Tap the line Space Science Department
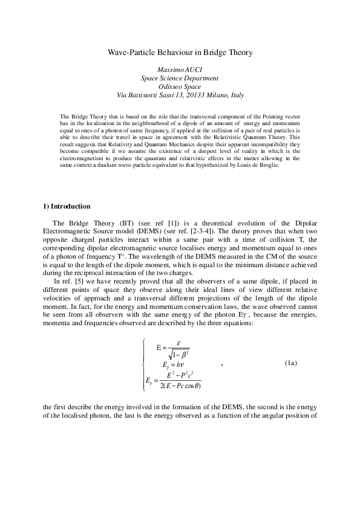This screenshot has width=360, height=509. coord(180,79)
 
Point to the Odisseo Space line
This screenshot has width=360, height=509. coord(180,87)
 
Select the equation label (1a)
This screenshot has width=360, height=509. coord(291,363)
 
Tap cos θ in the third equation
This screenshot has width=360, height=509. coord(192,386)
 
